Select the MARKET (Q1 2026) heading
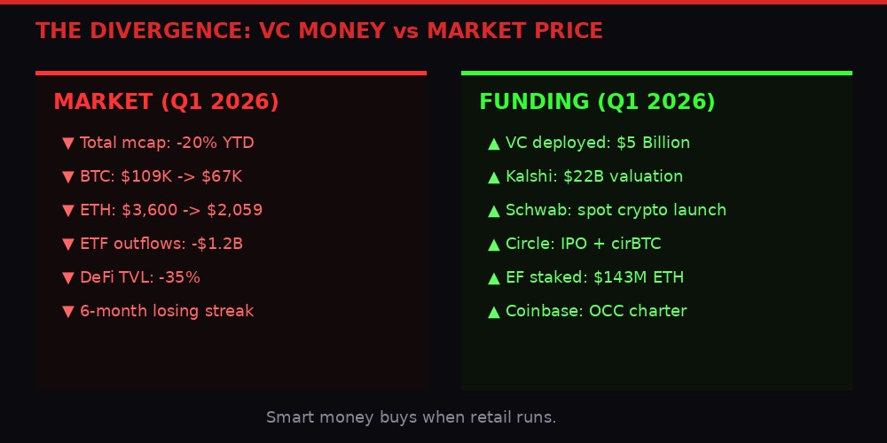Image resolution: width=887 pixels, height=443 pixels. (x=166, y=102)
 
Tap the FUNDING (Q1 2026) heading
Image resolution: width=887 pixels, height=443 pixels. (x=597, y=102)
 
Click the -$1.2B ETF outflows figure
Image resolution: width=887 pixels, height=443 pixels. (x=224, y=244)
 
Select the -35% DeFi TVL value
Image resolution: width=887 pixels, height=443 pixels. (x=179, y=277)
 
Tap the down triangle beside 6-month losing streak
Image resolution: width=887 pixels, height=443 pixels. (x=68, y=311)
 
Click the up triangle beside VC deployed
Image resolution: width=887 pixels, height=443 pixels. (x=494, y=143)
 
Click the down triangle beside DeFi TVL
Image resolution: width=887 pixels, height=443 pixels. (x=68, y=277)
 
